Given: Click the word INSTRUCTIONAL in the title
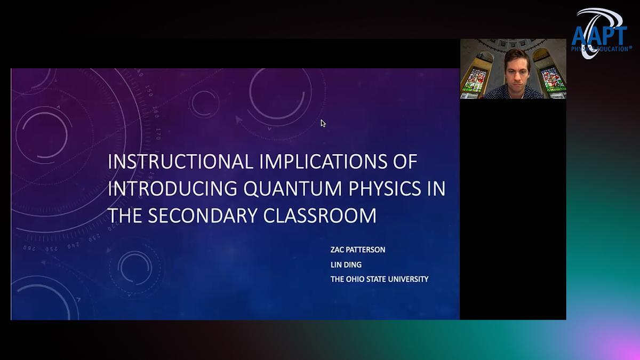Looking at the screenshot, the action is point(180,162).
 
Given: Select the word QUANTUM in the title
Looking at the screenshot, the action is point(293,189).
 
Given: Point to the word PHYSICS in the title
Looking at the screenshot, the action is point(385,189).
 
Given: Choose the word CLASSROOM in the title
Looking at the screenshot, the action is point(319,215).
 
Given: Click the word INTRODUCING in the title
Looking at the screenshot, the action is point(172,189).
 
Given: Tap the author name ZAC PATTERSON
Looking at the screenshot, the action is point(358,250).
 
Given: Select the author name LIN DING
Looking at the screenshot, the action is point(346,265).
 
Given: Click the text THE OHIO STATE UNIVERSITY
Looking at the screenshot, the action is point(379,279).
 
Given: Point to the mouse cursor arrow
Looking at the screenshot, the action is point(323,123).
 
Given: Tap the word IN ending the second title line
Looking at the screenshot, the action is point(436,189).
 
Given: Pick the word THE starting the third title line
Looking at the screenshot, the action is point(125,215).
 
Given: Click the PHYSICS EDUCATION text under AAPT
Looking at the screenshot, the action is point(601,49).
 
